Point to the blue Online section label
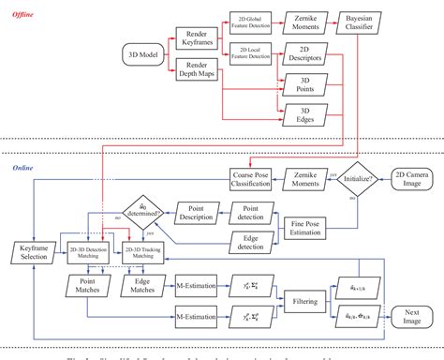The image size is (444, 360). (x=20, y=168)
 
